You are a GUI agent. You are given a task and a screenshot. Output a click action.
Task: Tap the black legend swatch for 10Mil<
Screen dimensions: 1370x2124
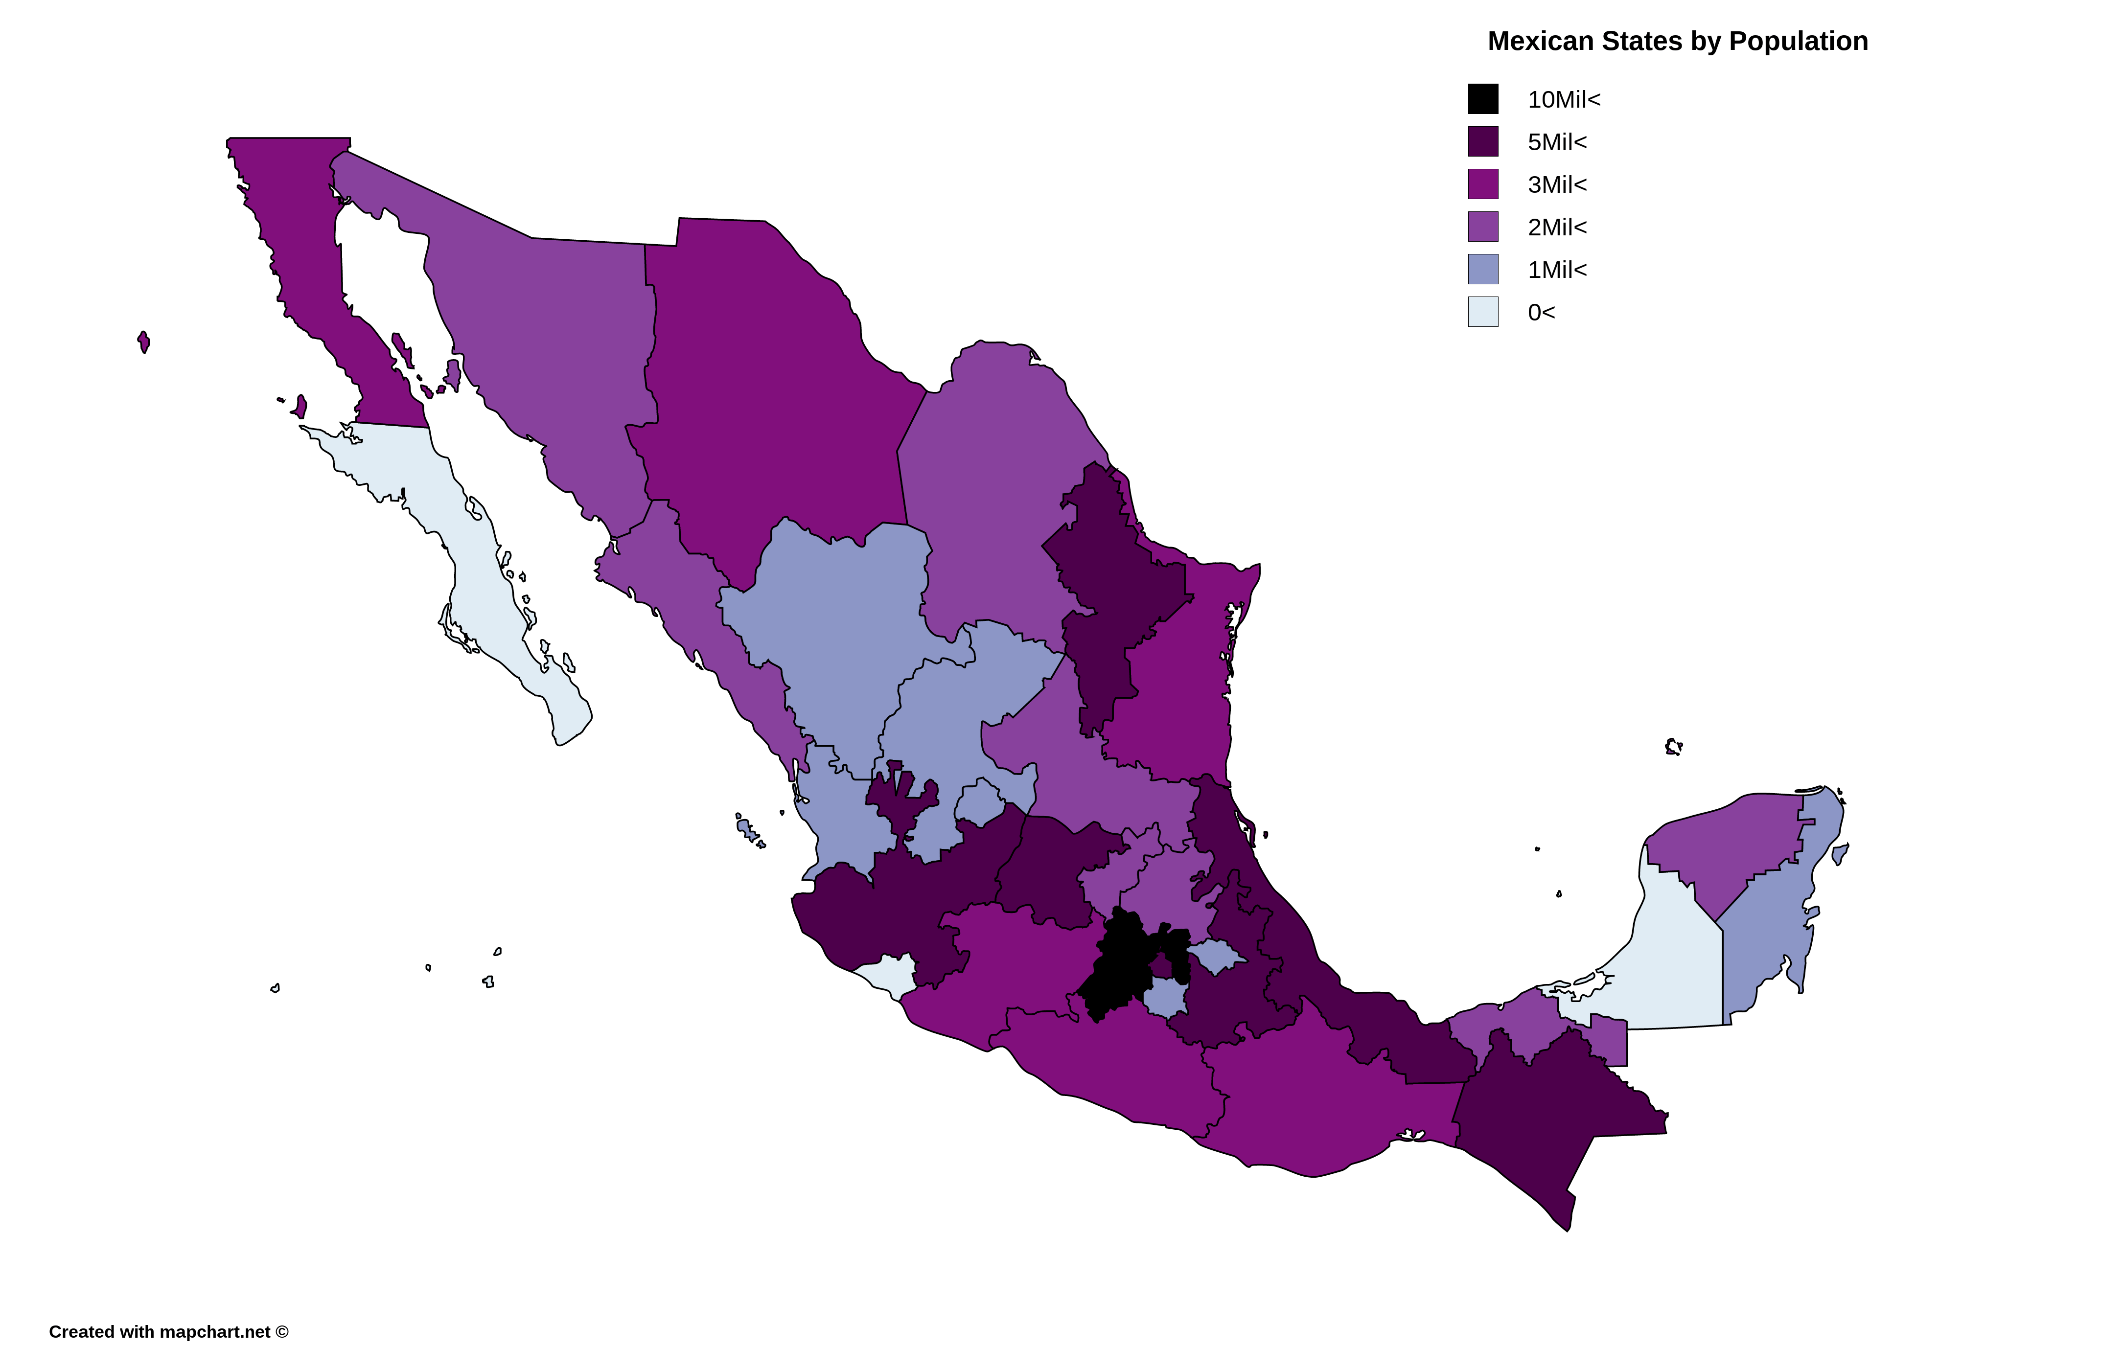[x=1482, y=99]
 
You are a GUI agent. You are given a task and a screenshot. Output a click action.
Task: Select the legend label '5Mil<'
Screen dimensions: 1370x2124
[x=1556, y=142]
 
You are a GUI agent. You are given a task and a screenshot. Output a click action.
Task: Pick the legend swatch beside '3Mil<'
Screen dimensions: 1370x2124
[x=1482, y=184]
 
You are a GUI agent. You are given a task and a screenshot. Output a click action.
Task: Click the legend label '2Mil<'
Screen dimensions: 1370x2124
[x=1556, y=228]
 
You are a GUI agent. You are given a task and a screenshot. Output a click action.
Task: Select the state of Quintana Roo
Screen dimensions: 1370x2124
[x=1771, y=934]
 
